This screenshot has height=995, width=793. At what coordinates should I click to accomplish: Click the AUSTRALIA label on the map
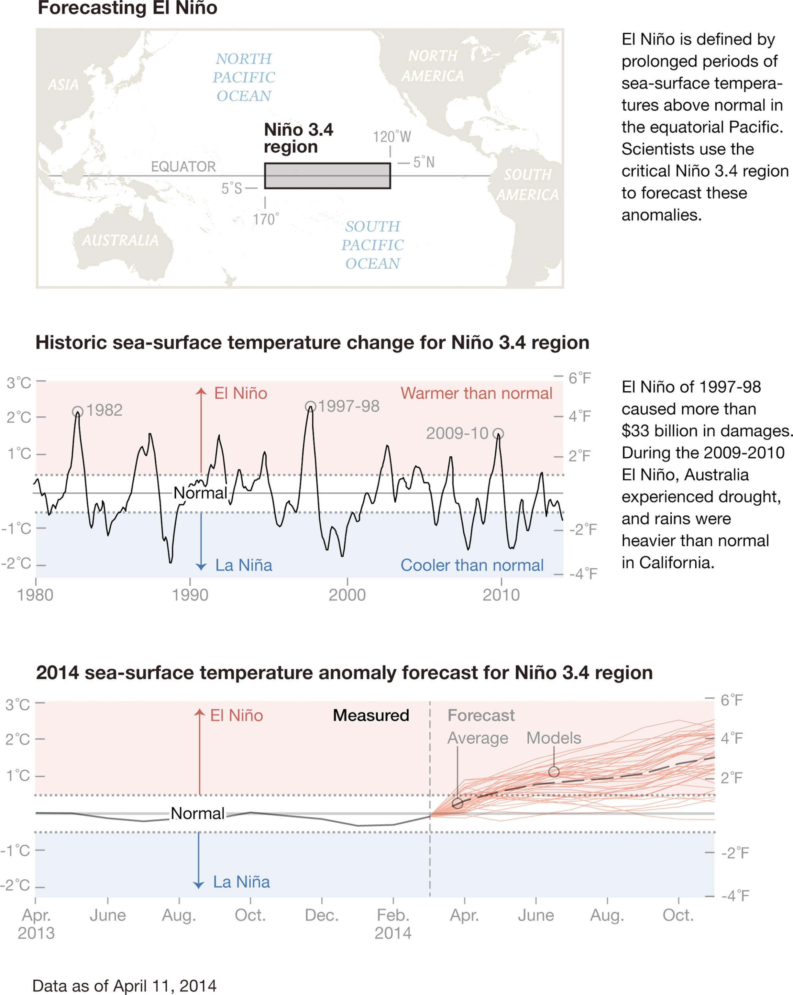point(120,240)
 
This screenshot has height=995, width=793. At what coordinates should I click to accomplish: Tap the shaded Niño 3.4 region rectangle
point(327,176)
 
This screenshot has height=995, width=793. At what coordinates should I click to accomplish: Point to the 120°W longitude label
point(392,137)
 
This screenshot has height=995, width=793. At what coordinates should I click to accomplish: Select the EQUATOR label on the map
point(183,166)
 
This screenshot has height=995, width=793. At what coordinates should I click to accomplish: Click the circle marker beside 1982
point(77,411)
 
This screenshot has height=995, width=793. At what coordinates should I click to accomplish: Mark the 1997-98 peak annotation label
point(348,406)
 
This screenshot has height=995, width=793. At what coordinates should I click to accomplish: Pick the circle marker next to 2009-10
point(498,433)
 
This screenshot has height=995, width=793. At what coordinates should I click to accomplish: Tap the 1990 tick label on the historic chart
point(190,595)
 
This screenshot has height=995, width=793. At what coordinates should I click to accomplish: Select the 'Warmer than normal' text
point(476,393)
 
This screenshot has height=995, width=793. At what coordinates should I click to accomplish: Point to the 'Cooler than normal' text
point(472,565)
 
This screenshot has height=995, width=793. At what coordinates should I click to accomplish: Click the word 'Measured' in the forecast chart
point(371,715)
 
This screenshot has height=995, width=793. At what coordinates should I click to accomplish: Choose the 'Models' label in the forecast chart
point(554,738)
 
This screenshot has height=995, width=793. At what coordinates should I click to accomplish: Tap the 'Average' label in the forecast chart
point(478,738)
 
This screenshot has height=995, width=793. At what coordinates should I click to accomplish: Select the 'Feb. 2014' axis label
point(393,924)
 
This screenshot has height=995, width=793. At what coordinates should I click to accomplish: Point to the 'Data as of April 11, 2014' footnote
point(125,986)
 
